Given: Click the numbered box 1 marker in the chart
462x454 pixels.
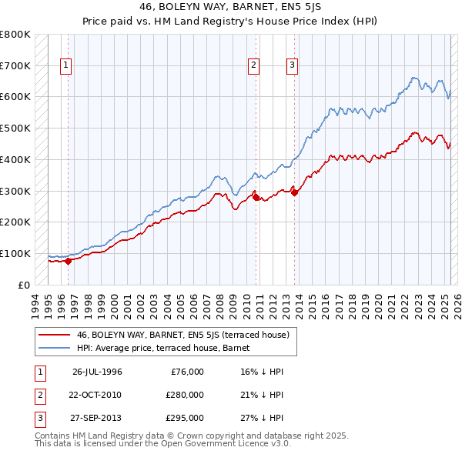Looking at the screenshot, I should (67, 66).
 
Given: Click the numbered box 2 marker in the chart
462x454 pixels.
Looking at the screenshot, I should (254, 66).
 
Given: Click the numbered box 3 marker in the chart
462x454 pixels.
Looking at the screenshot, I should (293, 66).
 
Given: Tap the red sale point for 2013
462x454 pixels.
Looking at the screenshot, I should (295, 192).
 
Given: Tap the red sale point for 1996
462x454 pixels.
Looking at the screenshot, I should (68, 261).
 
